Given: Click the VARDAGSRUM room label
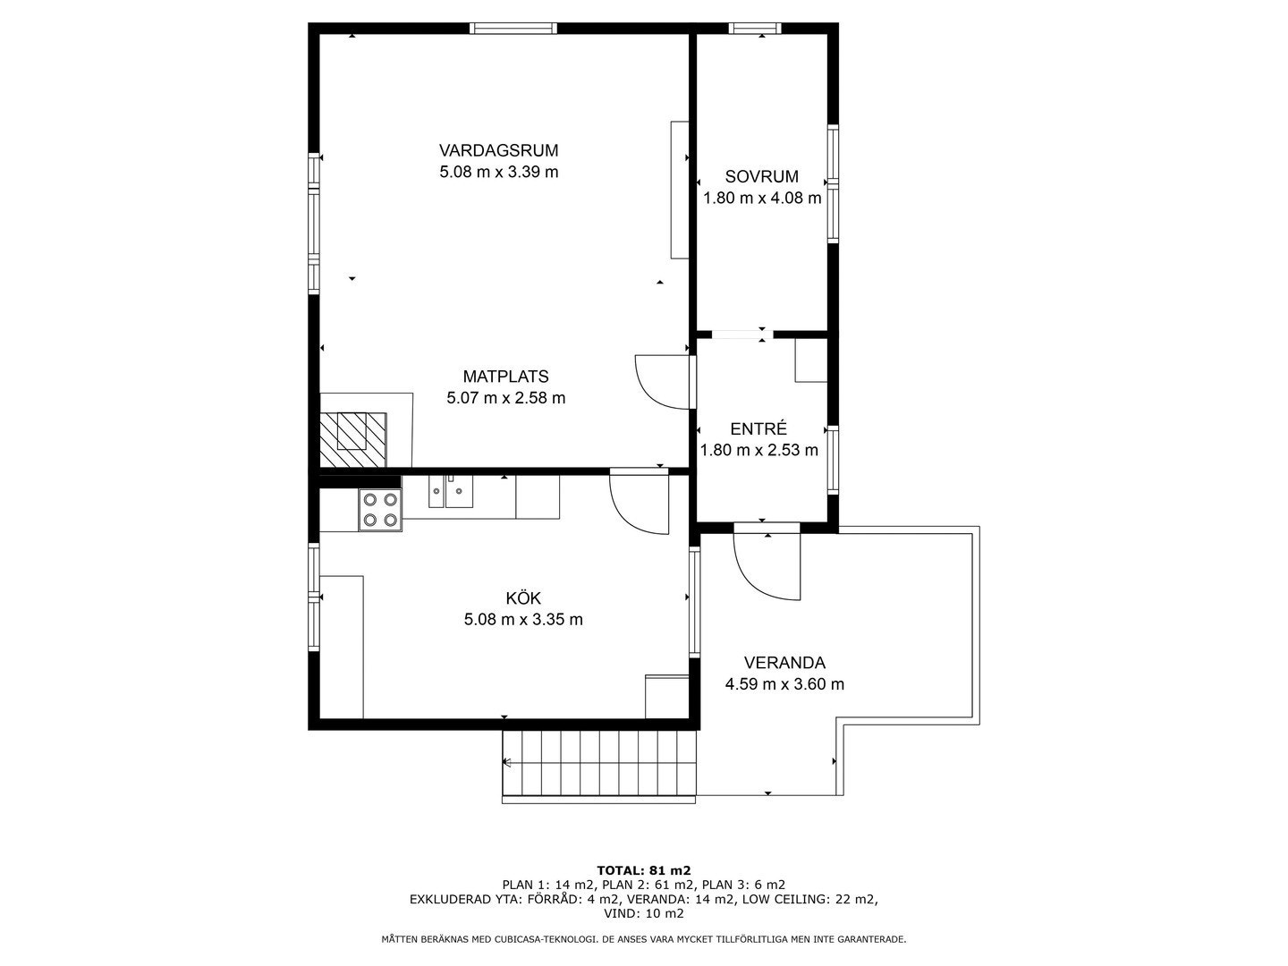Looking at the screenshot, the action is [498, 151].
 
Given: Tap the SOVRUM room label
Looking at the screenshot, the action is [761, 176].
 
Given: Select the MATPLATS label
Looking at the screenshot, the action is [505, 377].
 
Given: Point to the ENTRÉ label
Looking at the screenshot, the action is [758, 428].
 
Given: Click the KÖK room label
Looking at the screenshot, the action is [523, 598].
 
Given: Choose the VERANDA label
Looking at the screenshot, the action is [784, 663].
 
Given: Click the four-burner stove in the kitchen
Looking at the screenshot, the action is [380, 510].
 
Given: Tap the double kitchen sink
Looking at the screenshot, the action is [451, 491].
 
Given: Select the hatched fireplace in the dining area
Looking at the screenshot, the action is [353, 440].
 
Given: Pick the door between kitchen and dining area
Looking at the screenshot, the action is [639, 502].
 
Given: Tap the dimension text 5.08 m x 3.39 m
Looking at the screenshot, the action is [499, 173].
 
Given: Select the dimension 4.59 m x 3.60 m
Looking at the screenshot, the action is [784, 684].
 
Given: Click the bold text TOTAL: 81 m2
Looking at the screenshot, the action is [644, 869].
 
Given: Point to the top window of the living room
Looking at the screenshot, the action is [513, 28].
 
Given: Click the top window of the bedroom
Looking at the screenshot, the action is [755, 28].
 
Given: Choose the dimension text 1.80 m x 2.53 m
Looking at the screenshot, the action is [758, 451].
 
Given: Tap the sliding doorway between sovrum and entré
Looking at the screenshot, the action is [742, 335].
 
